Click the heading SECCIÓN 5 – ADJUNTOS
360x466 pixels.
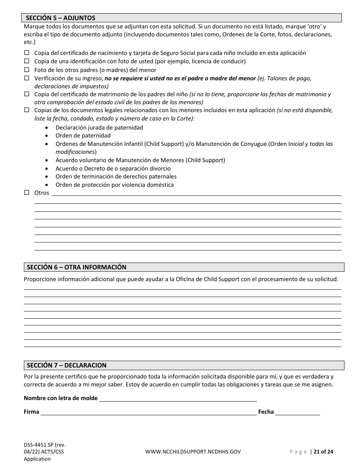click(61, 18)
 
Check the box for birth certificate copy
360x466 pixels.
click(27, 53)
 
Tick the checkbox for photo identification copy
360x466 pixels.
click(27, 61)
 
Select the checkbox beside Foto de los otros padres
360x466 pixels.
click(27, 70)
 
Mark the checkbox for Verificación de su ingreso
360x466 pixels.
click(27, 78)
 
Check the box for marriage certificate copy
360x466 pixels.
click(27, 94)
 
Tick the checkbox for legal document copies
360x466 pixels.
click(27, 110)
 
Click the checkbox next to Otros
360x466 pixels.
click(27, 192)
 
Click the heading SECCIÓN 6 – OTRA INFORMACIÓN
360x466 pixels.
click(77, 267)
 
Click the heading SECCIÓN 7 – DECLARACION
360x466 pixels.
click(67, 366)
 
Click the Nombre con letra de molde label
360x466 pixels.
click(61, 398)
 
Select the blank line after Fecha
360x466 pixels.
click(297, 412)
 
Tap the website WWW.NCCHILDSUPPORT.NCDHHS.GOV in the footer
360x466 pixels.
click(193, 452)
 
